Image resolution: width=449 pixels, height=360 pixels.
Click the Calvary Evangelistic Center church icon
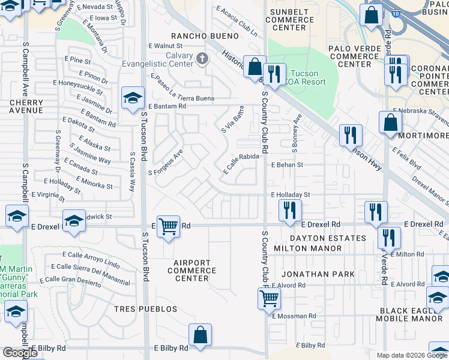[x=202, y=58]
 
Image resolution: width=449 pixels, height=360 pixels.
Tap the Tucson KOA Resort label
[x=306, y=77]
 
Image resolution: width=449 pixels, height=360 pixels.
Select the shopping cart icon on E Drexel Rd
[x=169, y=226]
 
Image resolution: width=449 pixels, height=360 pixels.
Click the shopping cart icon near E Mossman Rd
[x=270, y=297]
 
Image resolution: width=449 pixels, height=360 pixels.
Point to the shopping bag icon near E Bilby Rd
[x=200, y=334]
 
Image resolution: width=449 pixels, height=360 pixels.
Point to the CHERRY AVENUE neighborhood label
[x=26, y=106]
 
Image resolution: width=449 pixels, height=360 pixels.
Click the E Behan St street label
[x=288, y=164]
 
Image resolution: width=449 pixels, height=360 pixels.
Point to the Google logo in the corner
[x=20, y=353]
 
